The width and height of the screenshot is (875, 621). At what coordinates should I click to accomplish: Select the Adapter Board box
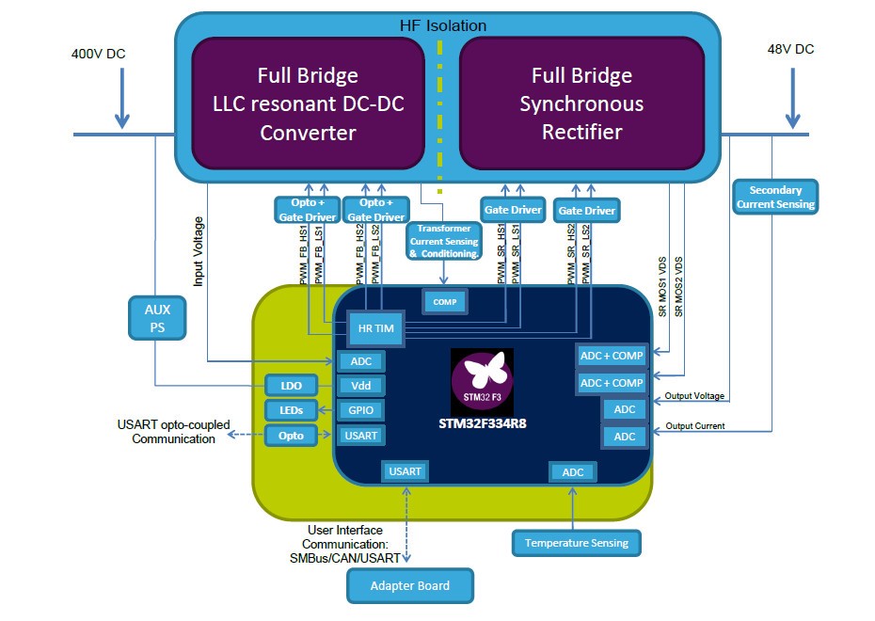click(410, 585)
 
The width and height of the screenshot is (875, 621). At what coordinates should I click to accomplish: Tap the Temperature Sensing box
click(576, 543)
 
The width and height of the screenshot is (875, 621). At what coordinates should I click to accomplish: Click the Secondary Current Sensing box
click(775, 197)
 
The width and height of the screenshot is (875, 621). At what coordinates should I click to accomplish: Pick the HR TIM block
click(370, 327)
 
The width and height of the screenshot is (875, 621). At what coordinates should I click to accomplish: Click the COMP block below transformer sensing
click(444, 302)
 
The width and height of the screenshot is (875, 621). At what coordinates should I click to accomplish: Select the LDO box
click(292, 386)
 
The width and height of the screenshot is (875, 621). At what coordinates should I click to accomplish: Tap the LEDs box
click(292, 410)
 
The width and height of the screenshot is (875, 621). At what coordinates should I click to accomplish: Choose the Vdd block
click(361, 385)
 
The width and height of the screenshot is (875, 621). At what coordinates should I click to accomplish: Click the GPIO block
click(361, 410)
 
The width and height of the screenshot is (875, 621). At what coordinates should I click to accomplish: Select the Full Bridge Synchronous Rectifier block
click(581, 103)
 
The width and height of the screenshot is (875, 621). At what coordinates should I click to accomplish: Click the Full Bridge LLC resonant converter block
click(308, 103)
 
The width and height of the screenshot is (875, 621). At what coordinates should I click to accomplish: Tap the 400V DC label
click(97, 54)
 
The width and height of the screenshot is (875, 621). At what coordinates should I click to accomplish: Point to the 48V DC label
click(790, 49)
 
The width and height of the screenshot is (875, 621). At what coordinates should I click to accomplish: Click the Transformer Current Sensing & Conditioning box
click(444, 241)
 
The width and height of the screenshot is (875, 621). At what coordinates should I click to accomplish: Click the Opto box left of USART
click(292, 436)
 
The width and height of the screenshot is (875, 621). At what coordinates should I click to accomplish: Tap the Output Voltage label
click(694, 396)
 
